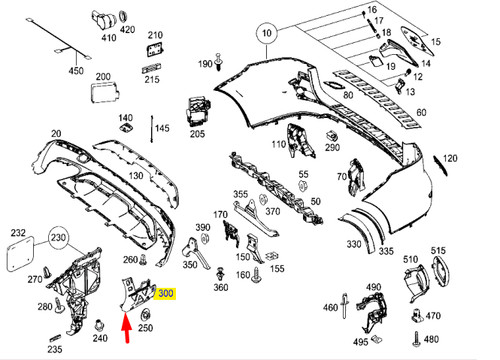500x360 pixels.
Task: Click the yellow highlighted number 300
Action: coord(165,294)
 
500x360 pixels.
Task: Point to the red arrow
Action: coord(126,326)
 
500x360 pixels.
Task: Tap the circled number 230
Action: coord(59,240)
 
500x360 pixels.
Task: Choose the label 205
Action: coord(197,134)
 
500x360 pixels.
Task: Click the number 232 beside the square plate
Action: coord(18,233)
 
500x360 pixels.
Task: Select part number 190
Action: coord(204,64)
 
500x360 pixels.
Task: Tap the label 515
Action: coord(438,251)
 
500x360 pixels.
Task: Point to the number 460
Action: coord(331,307)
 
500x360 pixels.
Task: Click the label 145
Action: coord(162,128)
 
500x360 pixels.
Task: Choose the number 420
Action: coord(127,30)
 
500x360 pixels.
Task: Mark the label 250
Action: coord(146,328)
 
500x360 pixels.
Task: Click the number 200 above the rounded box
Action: coord(102,76)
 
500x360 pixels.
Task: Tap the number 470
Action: coord(433,316)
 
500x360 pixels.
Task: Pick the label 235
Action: coord(55,349)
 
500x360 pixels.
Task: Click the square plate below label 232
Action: coord(19,255)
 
